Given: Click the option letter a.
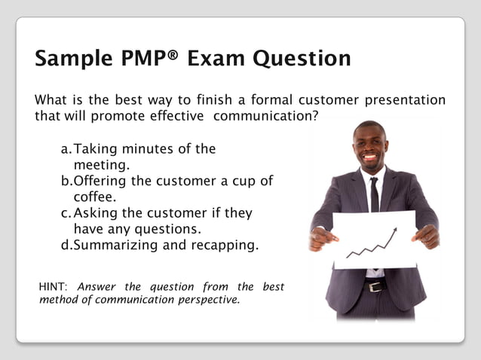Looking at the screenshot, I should pyautogui.click(x=66, y=149).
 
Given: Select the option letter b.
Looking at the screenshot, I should pyautogui.click(x=66, y=182).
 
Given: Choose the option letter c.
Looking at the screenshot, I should pyautogui.click(x=66, y=213).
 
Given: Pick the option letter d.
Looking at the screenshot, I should pyautogui.click(x=66, y=245).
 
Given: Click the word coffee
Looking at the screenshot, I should pyautogui.click(x=94, y=197).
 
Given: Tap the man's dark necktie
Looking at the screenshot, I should pyautogui.click(x=374, y=194).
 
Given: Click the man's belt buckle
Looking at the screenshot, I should pyautogui.click(x=374, y=286).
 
